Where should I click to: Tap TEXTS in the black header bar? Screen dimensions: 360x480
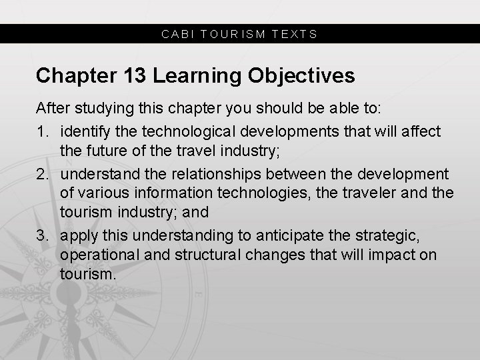click(295, 33)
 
